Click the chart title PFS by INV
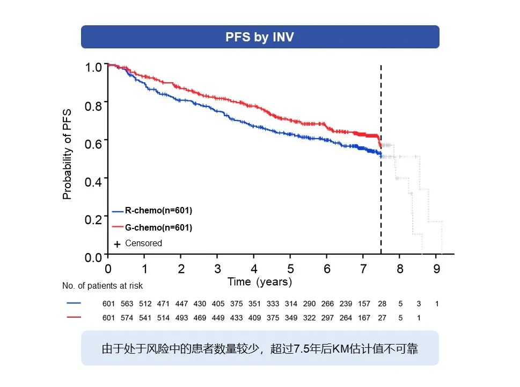260,37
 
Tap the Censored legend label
143,243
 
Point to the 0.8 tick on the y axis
93,106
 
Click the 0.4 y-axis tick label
93,182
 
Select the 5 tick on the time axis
290,269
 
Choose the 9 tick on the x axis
437,269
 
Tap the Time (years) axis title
260,282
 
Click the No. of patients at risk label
102,286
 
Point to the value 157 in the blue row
364,304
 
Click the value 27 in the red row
382,318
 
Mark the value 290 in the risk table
309,304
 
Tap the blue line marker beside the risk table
74,303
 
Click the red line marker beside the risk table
74,317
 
